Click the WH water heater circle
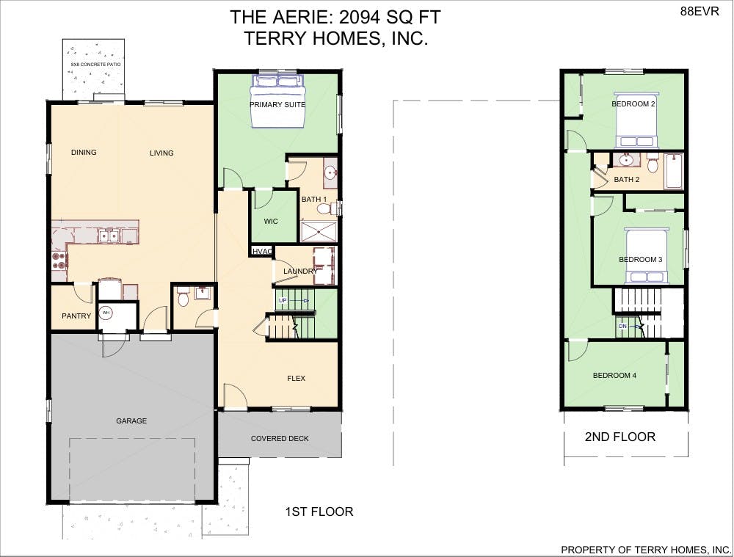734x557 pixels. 106,313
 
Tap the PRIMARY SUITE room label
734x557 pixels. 277,104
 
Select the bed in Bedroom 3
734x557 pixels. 647,256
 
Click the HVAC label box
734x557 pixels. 262,252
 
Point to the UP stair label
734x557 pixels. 283,300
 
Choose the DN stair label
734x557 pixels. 622,327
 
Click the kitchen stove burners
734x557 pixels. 59,261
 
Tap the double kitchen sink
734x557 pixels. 109,236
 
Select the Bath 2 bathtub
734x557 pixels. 674,171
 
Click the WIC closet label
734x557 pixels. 271,222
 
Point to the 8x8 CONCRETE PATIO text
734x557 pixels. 95,64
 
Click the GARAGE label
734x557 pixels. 131,421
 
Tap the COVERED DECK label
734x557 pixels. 280,439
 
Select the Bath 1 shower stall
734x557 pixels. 319,232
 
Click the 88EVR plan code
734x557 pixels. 700,12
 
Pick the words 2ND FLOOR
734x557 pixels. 620,437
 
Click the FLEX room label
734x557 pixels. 297,378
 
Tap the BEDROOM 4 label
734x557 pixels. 614,376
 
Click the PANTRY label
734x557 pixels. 76,316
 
